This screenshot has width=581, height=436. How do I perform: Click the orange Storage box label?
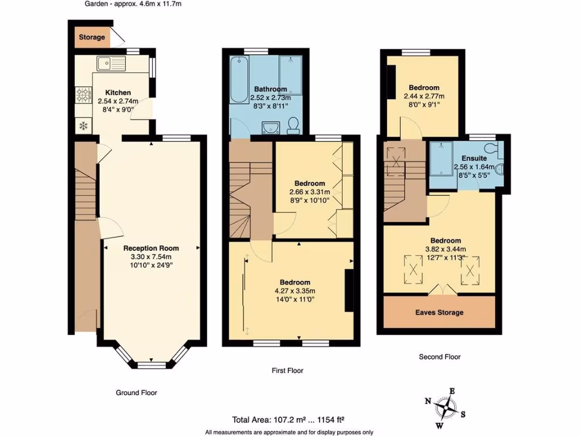click(x=92, y=37)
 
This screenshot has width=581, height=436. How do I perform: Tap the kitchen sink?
click(x=111, y=63)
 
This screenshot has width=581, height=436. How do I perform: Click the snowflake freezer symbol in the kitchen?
click(x=83, y=125)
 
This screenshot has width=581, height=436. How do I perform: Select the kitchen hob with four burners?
click(x=83, y=94)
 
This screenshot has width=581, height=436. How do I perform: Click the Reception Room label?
click(x=151, y=248)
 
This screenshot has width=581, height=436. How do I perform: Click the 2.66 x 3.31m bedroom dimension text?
click(x=309, y=192)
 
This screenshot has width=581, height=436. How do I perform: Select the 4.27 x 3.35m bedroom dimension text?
click(x=295, y=291)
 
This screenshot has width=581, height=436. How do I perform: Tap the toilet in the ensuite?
click(x=498, y=150)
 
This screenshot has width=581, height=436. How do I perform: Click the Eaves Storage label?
click(x=439, y=312)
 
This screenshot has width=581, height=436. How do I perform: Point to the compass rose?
click(x=449, y=406)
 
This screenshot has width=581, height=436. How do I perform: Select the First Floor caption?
click(x=288, y=371)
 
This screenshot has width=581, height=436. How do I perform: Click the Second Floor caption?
click(x=440, y=357)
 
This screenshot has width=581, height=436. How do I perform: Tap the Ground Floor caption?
click(x=137, y=392)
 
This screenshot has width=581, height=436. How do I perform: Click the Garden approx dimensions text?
click(x=133, y=4)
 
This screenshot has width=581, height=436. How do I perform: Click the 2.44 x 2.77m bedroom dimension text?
click(x=424, y=97)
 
